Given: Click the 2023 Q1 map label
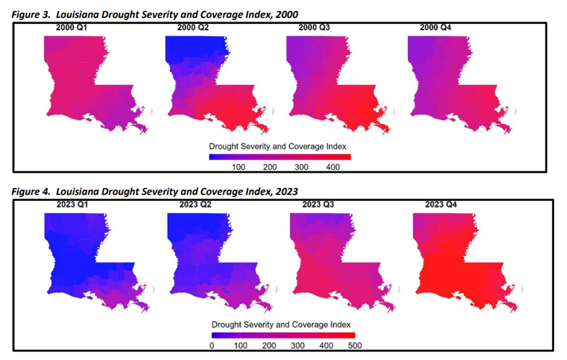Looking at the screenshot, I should [74, 204].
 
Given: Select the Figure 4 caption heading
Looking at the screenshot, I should [155, 191].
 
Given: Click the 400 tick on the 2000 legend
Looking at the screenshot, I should [332, 167].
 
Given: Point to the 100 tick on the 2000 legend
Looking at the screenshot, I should [238, 167].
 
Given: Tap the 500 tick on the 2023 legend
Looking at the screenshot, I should [354, 346].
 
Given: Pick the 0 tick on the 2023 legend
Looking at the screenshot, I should [212, 346].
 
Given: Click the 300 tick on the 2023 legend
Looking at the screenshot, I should [298, 346].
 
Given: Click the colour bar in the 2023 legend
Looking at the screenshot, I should [283, 335].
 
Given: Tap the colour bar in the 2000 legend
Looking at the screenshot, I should [280, 157].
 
